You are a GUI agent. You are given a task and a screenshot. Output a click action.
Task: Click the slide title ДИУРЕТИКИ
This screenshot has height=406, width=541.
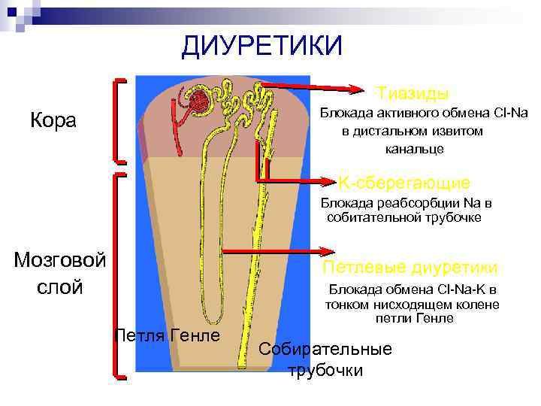pos(261,47)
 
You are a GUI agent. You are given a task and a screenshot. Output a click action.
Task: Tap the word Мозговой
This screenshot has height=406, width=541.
pos(60,260)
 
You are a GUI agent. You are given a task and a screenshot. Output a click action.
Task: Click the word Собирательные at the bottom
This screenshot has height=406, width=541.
pos(325,350)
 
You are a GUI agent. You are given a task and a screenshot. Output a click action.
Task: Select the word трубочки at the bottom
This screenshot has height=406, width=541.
pos(326,370)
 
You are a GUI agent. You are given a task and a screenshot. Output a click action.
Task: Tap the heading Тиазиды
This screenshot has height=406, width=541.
pos(413,93)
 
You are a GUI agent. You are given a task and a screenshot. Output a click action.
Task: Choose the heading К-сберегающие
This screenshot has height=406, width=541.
pos(404,183)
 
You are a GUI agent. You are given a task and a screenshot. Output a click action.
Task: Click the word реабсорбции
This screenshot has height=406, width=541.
pos(410,203)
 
